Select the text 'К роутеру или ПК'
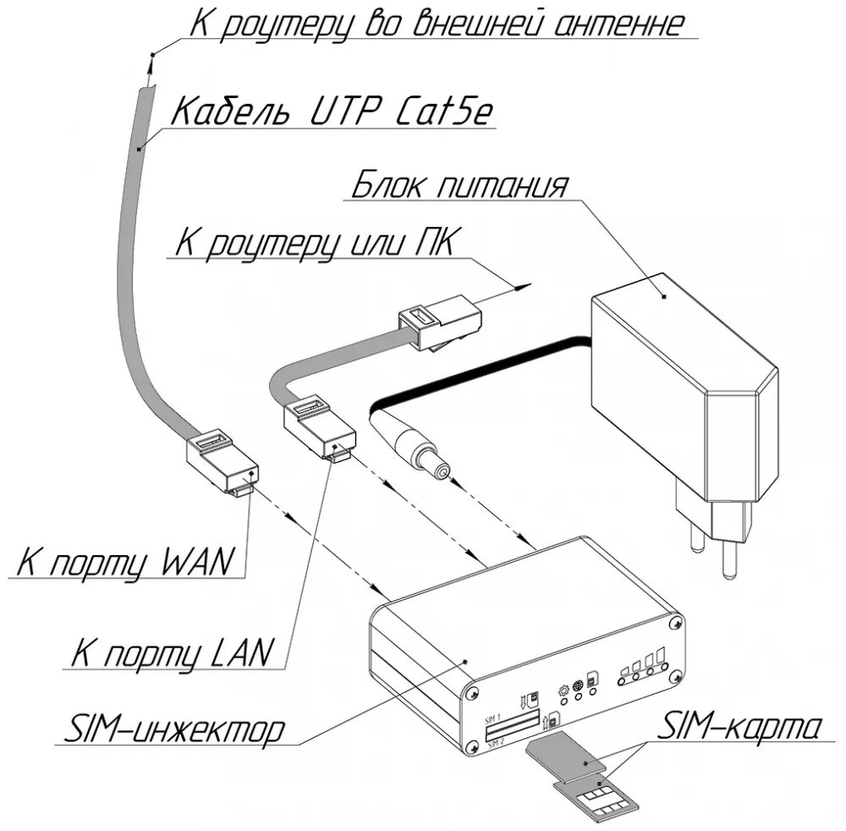(x=314, y=243)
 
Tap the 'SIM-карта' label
(x=741, y=726)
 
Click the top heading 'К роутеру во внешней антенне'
(x=435, y=24)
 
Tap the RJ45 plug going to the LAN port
(x=321, y=428)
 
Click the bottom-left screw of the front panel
(x=471, y=746)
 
